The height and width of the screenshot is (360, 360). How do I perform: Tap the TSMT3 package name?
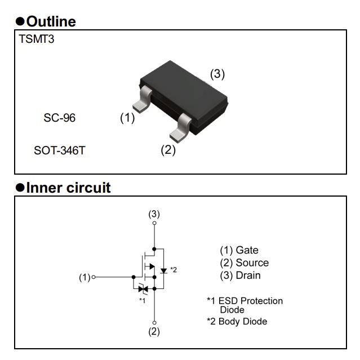click(37, 40)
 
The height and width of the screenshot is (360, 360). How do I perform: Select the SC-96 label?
click(59, 118)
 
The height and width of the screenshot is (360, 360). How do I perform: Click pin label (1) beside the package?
click(127, 118)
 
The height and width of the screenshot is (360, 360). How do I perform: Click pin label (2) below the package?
click(168, 150)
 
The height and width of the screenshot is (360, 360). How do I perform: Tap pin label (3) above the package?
click(217, 74)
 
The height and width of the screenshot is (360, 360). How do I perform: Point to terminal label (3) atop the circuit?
click(154, 214)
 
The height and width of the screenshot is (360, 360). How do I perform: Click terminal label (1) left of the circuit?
click(85, 277)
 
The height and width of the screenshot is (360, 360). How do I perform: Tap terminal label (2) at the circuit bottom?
click(154, 332)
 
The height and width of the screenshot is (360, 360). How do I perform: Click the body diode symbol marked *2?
click(163, 270)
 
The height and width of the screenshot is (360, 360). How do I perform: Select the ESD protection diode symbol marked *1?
click(143, 289)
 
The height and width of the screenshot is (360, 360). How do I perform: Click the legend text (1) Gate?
click(239, 250)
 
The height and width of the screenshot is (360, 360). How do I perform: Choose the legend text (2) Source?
click(244, 263)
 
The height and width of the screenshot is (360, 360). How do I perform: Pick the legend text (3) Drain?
click(240, 275)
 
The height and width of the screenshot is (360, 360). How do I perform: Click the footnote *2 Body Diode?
click(237, 321)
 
